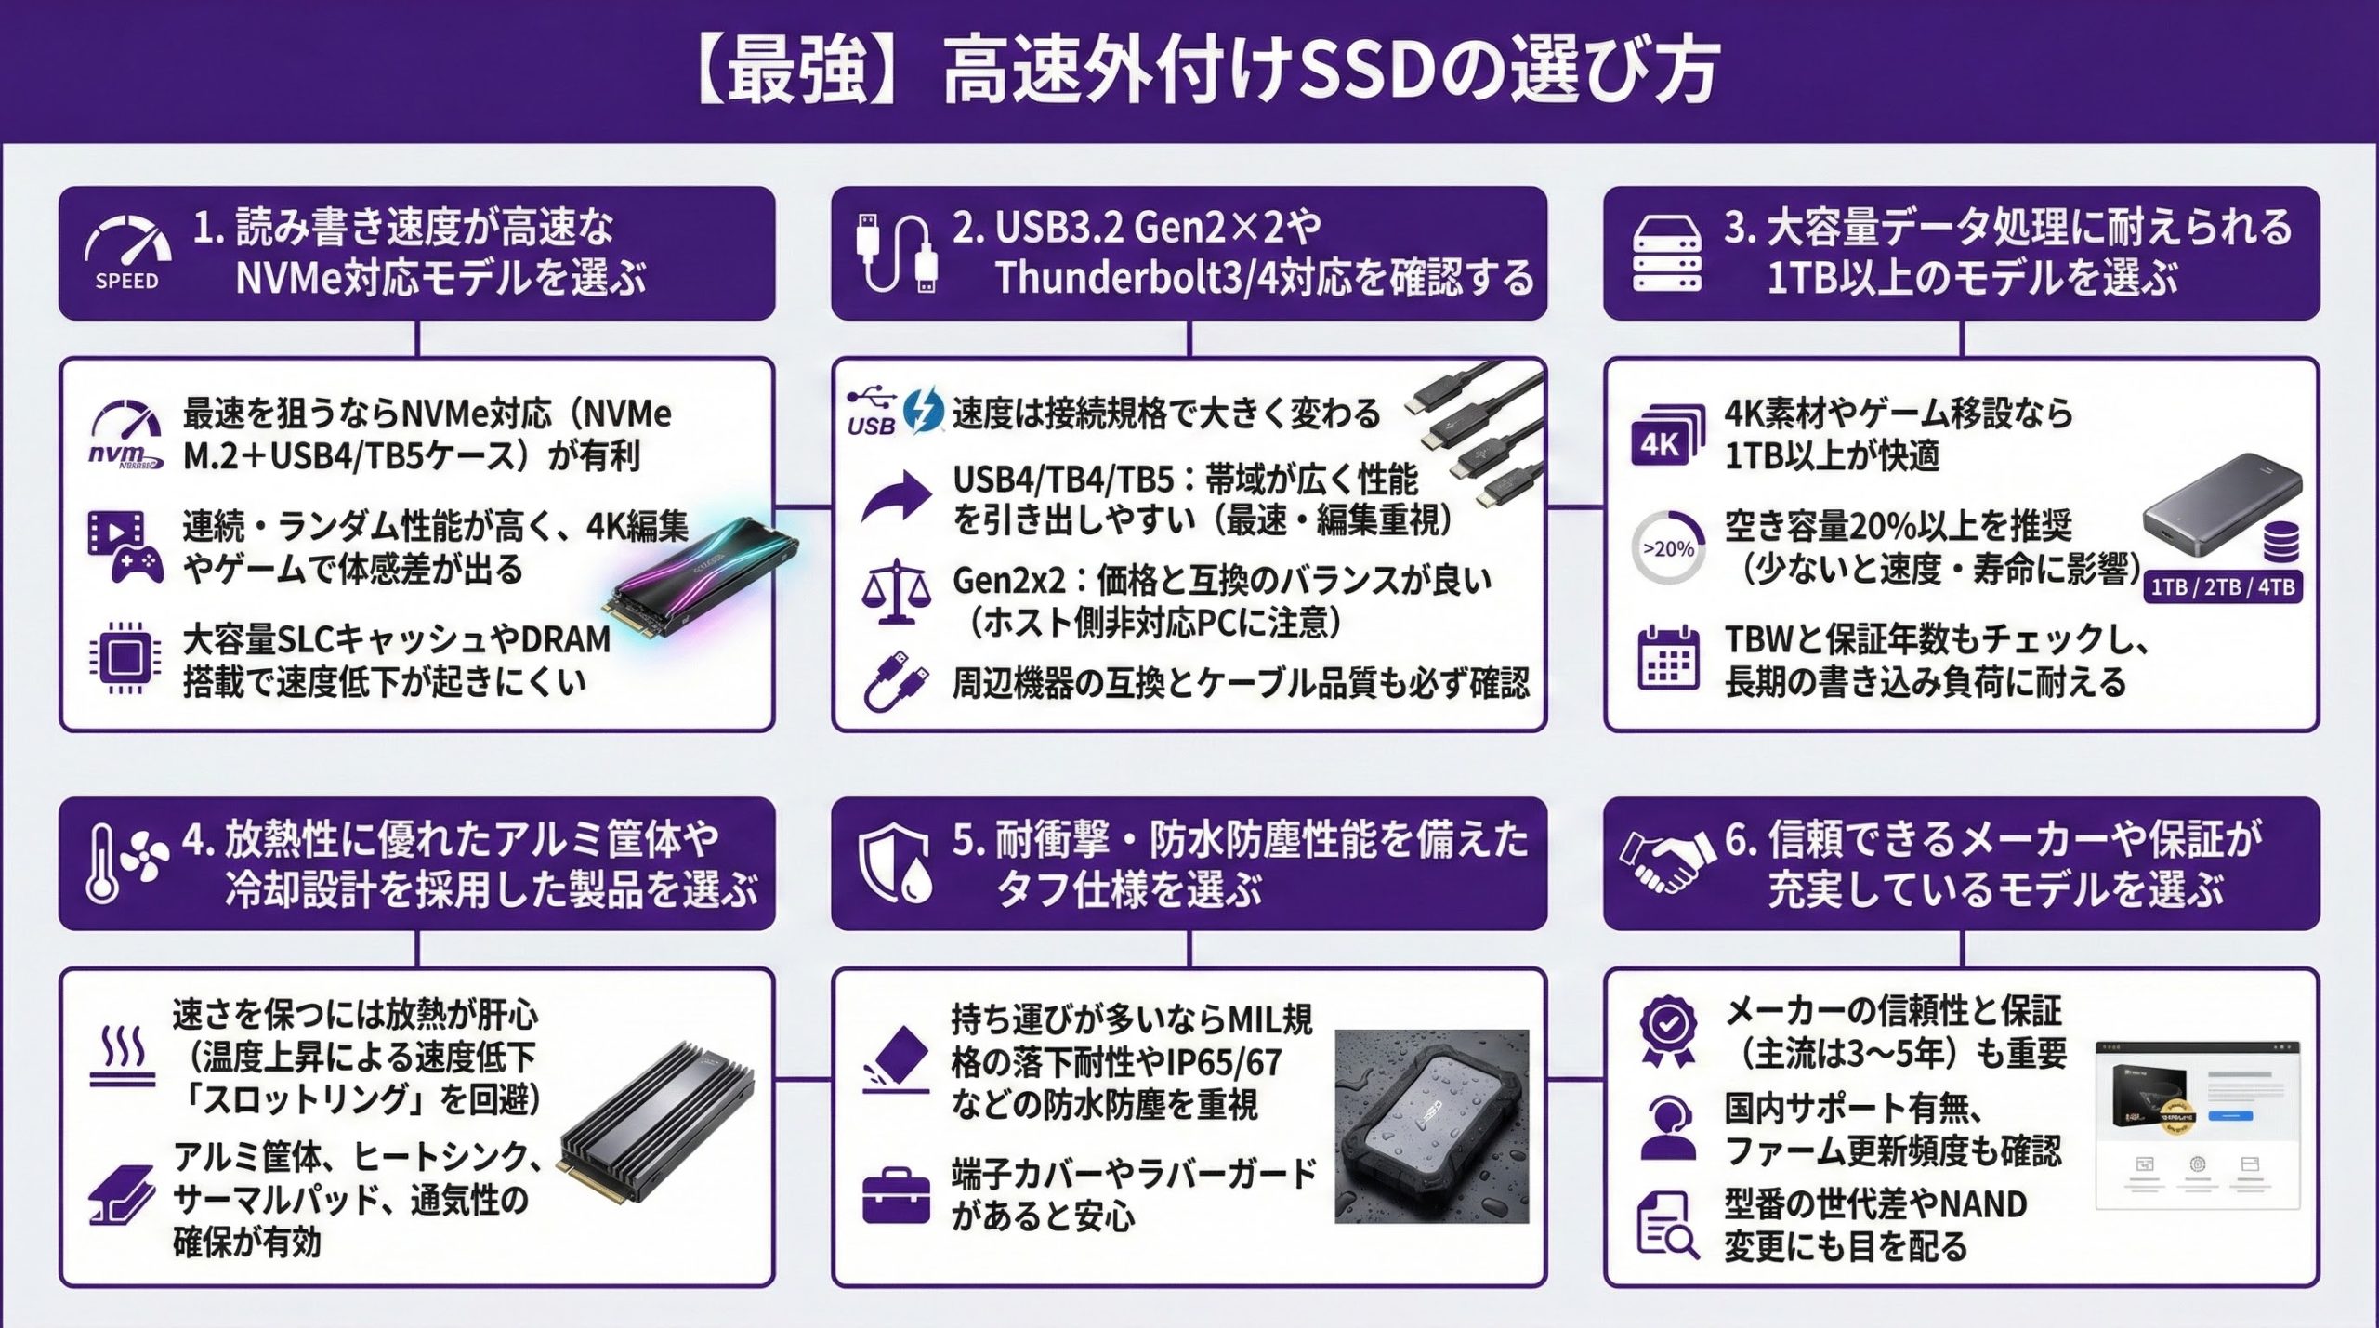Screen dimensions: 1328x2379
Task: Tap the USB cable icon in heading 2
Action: click(x=894, y=253)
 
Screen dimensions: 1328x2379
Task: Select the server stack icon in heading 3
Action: click(x=1667, y=253)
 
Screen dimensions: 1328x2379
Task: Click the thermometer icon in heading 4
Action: click(x=102, y=863)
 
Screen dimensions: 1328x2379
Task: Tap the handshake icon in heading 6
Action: click(x=1667, y=861)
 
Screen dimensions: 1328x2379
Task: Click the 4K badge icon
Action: click(x=1665, y=438)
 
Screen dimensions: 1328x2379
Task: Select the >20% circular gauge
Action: click(x=1668, y=548)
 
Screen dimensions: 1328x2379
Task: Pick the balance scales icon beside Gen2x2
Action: click(x=895, y=592)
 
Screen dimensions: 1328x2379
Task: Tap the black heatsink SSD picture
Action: click(x=655, y=1120)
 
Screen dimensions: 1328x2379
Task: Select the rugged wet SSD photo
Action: click(x=1431, y=1125)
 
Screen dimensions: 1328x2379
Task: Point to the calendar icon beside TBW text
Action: click(x=1668, y=658)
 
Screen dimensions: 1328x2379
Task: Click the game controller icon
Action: click(x=138, y=563)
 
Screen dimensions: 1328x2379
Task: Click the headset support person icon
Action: click(x=1668, y=1127)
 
